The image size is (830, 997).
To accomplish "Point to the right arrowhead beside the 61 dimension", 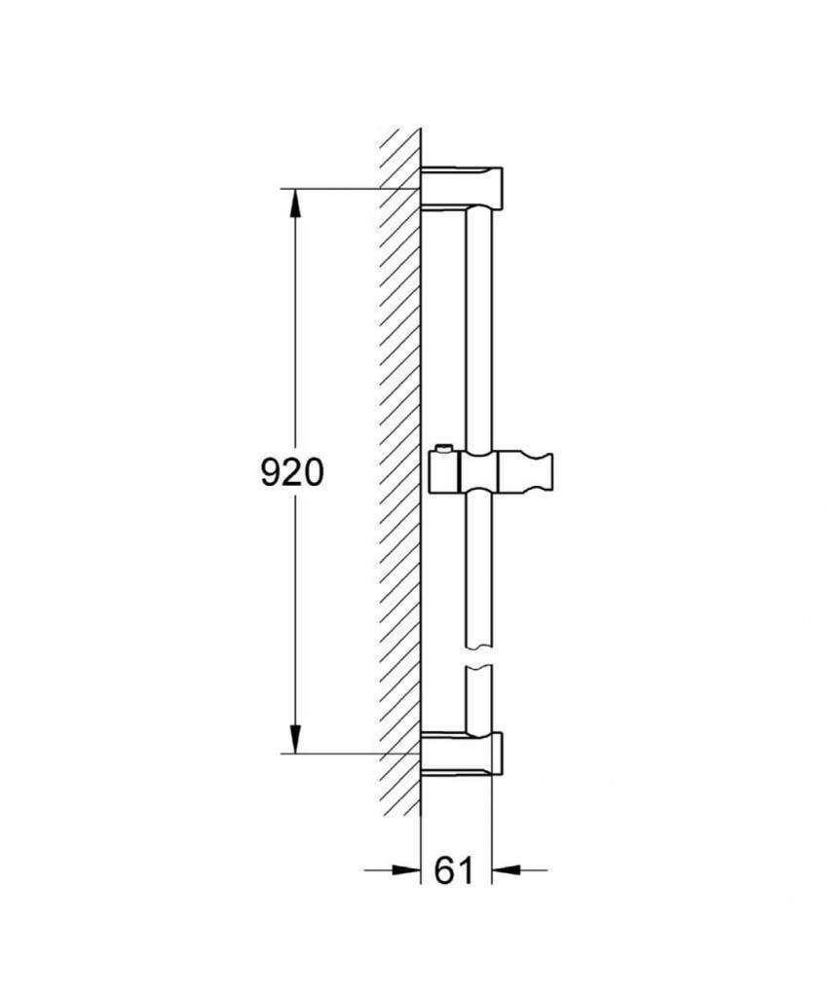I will [x=506, y=869].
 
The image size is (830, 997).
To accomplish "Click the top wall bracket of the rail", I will [x=462, y=187].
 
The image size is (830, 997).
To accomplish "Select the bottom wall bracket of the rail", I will [x=462, y=753].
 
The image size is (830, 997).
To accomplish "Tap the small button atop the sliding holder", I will [x=443, y=449].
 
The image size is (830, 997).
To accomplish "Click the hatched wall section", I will [x=400, y=467].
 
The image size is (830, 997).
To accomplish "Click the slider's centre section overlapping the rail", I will [x=479, y=472].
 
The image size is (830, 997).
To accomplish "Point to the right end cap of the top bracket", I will [x=498, y=187].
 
